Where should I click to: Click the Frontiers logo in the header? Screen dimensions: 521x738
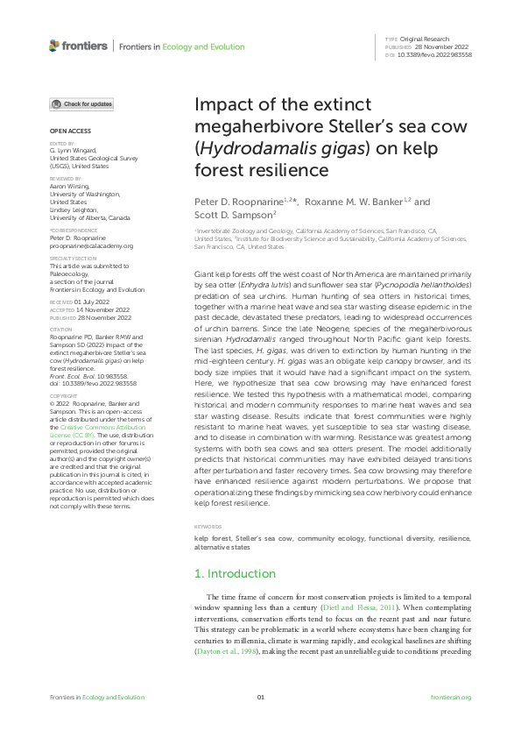79,46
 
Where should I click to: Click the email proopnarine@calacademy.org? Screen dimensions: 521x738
91,246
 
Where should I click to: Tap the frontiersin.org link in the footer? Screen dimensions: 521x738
452,697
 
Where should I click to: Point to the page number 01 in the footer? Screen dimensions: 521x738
260,697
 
